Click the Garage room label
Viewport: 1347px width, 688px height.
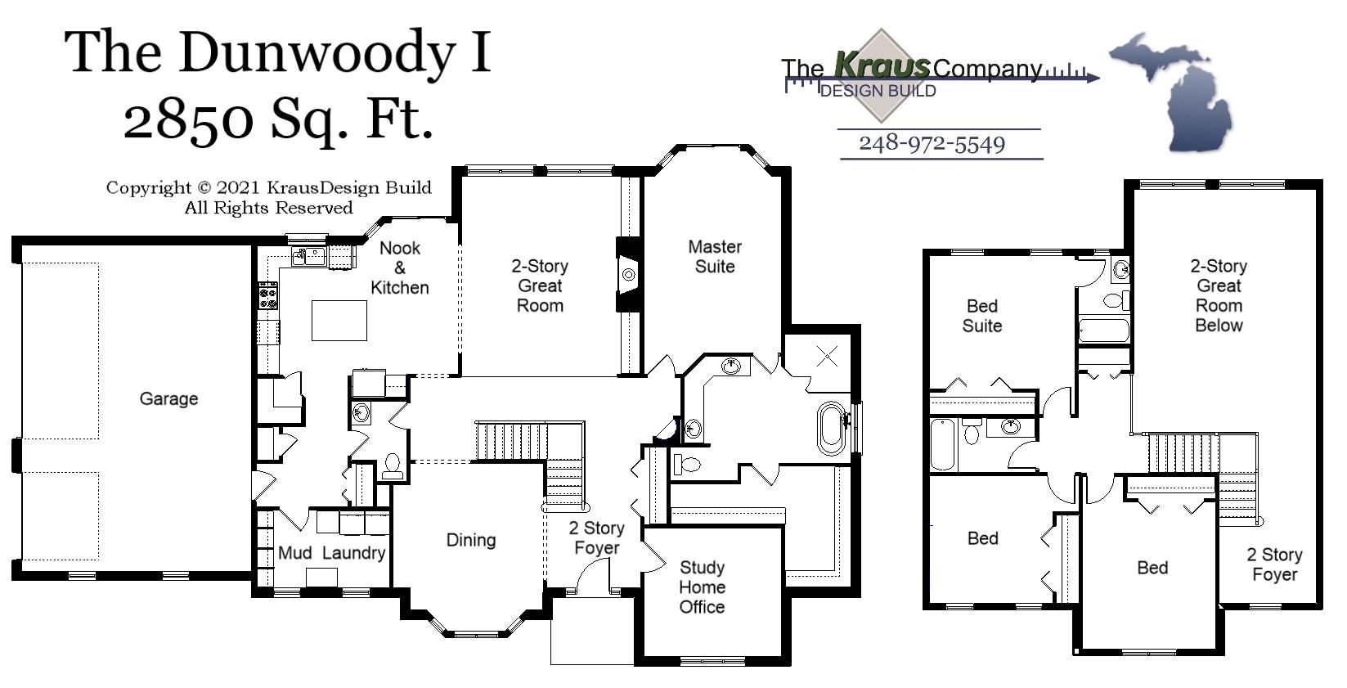(168, 398)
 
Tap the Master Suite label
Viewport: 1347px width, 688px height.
(715, 256)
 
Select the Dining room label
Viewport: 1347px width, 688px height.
(471, 540)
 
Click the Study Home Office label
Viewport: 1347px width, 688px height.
(702, 587)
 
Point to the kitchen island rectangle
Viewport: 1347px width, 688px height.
(339, 320)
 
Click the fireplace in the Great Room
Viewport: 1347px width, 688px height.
(627, 275)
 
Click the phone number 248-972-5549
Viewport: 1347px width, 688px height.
(932, 144)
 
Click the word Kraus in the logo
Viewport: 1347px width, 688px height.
(881, 65)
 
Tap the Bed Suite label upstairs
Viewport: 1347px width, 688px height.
(982, 316)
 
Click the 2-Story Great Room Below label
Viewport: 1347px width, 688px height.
(1219, 295)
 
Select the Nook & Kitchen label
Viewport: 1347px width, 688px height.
(400, 268)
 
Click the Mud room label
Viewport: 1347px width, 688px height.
(294, 553)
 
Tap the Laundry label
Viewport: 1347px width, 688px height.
(353, 553)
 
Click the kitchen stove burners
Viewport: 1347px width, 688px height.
(268, 296)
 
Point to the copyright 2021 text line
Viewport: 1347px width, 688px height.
(268, 188)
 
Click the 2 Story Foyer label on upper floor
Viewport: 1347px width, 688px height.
(1274, 564)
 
